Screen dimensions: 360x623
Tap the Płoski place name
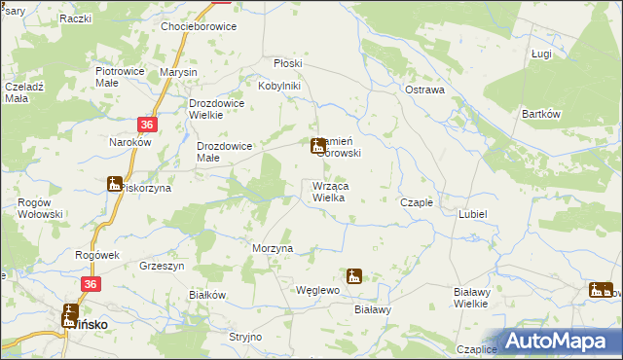(x=287, y=63)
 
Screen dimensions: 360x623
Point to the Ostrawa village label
(x=424, y=90)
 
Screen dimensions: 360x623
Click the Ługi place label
(x=542, y=54)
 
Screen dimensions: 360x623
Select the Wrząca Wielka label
(x=331, y=192)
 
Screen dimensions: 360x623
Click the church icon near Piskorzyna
(x=114, y=183)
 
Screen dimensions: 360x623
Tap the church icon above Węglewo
(x=353, y=275)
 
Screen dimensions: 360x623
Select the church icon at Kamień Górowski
(x=317, y=147)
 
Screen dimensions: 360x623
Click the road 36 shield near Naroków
(x=146, y=125)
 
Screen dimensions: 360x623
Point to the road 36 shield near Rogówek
(x=91, y=283)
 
